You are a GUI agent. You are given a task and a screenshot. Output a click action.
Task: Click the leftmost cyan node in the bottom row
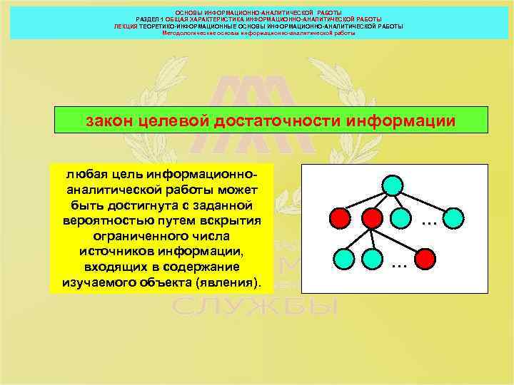342,256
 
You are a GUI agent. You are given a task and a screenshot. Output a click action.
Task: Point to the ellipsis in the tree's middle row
428,222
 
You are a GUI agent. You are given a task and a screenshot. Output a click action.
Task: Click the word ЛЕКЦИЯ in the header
126,26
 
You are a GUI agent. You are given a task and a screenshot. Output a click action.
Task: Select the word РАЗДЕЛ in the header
151,19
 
